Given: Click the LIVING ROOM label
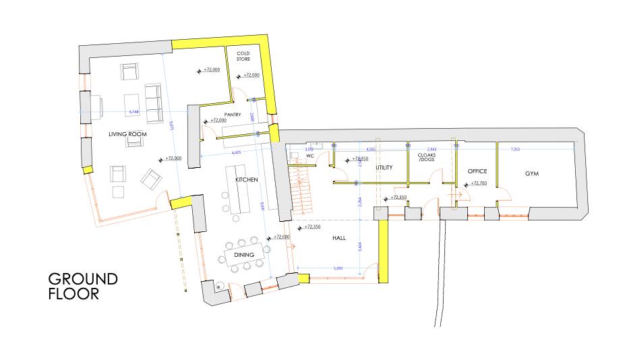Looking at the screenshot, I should [128, 134].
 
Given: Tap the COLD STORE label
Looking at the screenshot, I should [243, 56].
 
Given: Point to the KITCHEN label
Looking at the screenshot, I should [247, 181].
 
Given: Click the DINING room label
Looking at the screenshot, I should [243, 255].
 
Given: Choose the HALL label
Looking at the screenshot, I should [338, 238].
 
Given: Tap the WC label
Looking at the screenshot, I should [310, 156].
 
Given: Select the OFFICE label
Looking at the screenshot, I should [477, 171].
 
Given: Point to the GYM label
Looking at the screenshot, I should [533, 174].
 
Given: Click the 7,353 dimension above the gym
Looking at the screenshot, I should [516, 148].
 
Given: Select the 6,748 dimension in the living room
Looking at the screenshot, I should [135, 111].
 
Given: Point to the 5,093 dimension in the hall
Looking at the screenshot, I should [338, 268].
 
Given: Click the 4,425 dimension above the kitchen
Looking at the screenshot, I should [237, 153].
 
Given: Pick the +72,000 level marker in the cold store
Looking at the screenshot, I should [251, 75].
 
